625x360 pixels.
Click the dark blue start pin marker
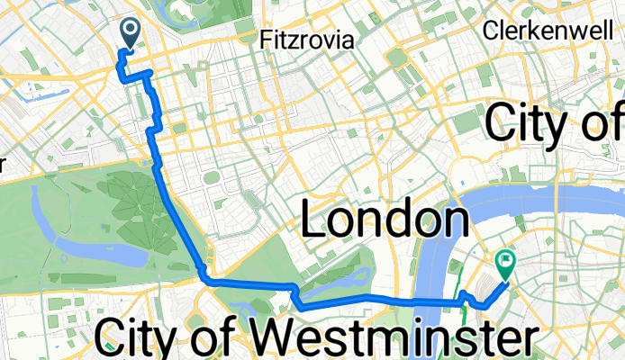(x=130, y=34)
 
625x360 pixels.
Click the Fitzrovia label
(x=305, y=40)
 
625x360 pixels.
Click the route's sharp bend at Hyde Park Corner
(x=205, y=277)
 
